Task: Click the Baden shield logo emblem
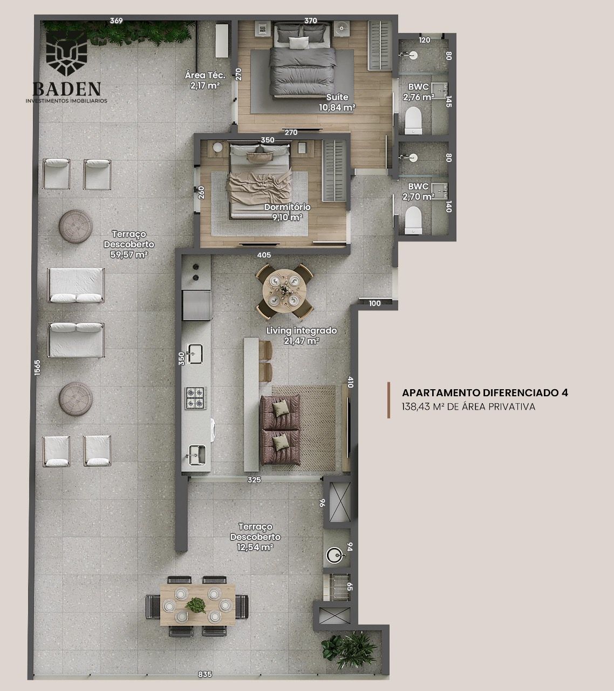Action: click(x=66, y=54)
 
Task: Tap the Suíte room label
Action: click(x=337, y=97)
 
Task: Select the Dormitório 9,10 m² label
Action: click(x=288, y=212)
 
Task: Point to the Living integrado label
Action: click(x=302, y=330)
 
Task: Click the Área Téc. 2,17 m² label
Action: click(x=205, y=80)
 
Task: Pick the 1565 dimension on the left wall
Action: click(x=37, y=367)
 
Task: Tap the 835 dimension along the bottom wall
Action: click(x=204, y=674)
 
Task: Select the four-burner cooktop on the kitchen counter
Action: click(x=196, y=398)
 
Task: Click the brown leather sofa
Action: click(x=280, y=430)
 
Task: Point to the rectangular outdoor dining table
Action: click(x=197, y=605)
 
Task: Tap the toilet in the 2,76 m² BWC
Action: click(x=413, y=120)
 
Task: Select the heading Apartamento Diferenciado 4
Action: click(x=485, y=392)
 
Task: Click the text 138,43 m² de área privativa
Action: click(x=468, y=407)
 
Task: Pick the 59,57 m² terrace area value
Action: click(x=129, y=254)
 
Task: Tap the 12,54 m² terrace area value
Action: click(x=255, y=547)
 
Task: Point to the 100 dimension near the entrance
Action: click(x=374, y=303)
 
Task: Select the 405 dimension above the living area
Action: click(x=264, y=255)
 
